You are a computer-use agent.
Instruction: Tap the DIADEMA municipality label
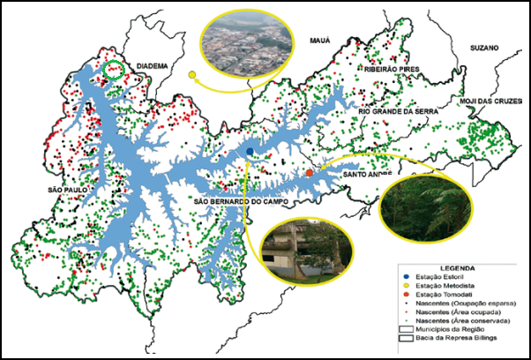[151, 64]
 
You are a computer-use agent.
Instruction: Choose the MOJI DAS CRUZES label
[490, 102]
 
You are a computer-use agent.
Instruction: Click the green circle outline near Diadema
[114, 70]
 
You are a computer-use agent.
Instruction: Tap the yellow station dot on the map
[191, 75]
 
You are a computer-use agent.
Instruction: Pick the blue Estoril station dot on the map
[251, 152]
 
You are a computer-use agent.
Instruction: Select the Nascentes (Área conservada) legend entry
[460, 319]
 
